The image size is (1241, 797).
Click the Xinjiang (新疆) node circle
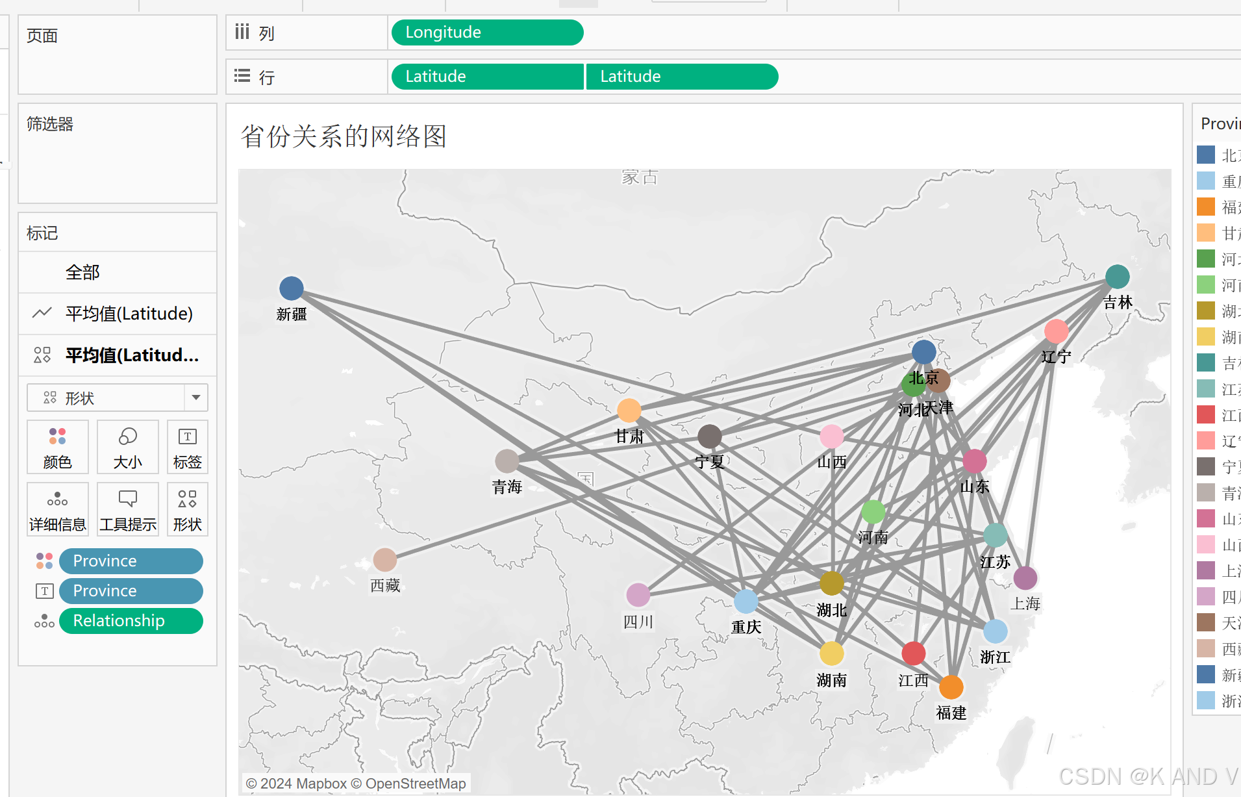pyautogui.click(x=292, y=288)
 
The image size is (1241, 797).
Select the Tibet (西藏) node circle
pyautogui.click(x=385, y=559)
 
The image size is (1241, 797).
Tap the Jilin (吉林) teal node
pyautogui.click(x=1117, y=277)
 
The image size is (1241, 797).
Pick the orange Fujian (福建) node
pyautogui.click(x=951, y=687)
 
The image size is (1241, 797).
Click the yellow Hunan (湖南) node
pyautogui.click(x=832, y=653)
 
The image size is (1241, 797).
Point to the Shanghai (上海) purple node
pyautogui.click(x=1025, y=577)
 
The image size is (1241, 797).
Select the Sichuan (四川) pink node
pyautogui.click(x=638, y=594)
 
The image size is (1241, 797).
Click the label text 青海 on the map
pyautogui.click(x=507, y=487)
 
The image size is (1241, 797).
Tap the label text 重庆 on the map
pyautogui.click(x=746, y=627)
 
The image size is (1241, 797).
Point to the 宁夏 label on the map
pyautogui.click(x=710, y=462)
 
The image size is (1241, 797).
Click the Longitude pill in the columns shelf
pyautogui.click(x=487, y=32)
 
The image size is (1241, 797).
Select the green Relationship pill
pyautogui.click(x=131, y=621)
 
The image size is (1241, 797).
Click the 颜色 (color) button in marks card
pyautogui.click(x=58, y=447)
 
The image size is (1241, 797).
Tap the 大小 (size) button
pyautogui.click(x=128, y=447)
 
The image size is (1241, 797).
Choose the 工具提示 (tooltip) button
pyautogui.click(x=128, y=509)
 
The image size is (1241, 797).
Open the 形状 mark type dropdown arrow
pyautogui.click(x=196, y=398)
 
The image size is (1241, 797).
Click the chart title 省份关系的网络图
pyautogui.click(x=344, y=136)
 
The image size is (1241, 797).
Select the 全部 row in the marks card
pyautogui.click(x=82, y=272)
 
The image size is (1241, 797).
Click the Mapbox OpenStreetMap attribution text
pyautogui.click(x=356, y=783)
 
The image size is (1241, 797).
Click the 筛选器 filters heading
pyautogui.click(x=50, y=124)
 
